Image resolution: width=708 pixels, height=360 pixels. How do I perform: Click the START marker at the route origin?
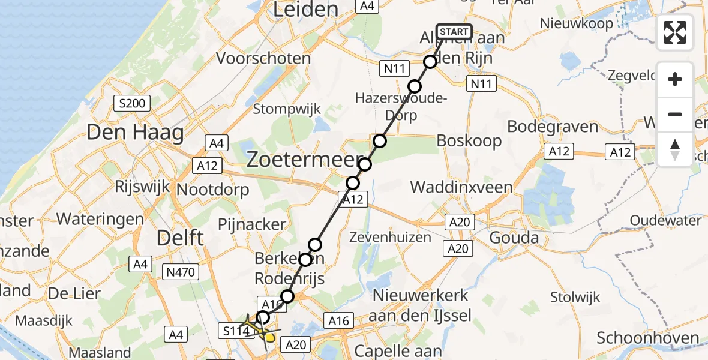coord(454,31)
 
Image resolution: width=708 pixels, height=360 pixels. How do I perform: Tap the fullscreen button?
coord(675,32)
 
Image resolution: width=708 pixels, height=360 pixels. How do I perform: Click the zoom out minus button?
coord(675,114)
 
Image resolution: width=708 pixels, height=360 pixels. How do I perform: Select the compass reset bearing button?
coord(675,149)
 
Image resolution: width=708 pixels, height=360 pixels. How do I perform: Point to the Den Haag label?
coord(135,132)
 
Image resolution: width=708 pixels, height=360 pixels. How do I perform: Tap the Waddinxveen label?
coord(461,187)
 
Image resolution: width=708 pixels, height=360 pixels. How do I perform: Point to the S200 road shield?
coord(132,103)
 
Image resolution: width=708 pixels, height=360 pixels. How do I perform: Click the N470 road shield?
coord(181,272)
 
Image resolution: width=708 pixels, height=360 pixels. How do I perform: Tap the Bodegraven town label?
coord(553,127)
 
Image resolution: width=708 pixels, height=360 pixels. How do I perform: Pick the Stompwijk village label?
coord(287,109)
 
